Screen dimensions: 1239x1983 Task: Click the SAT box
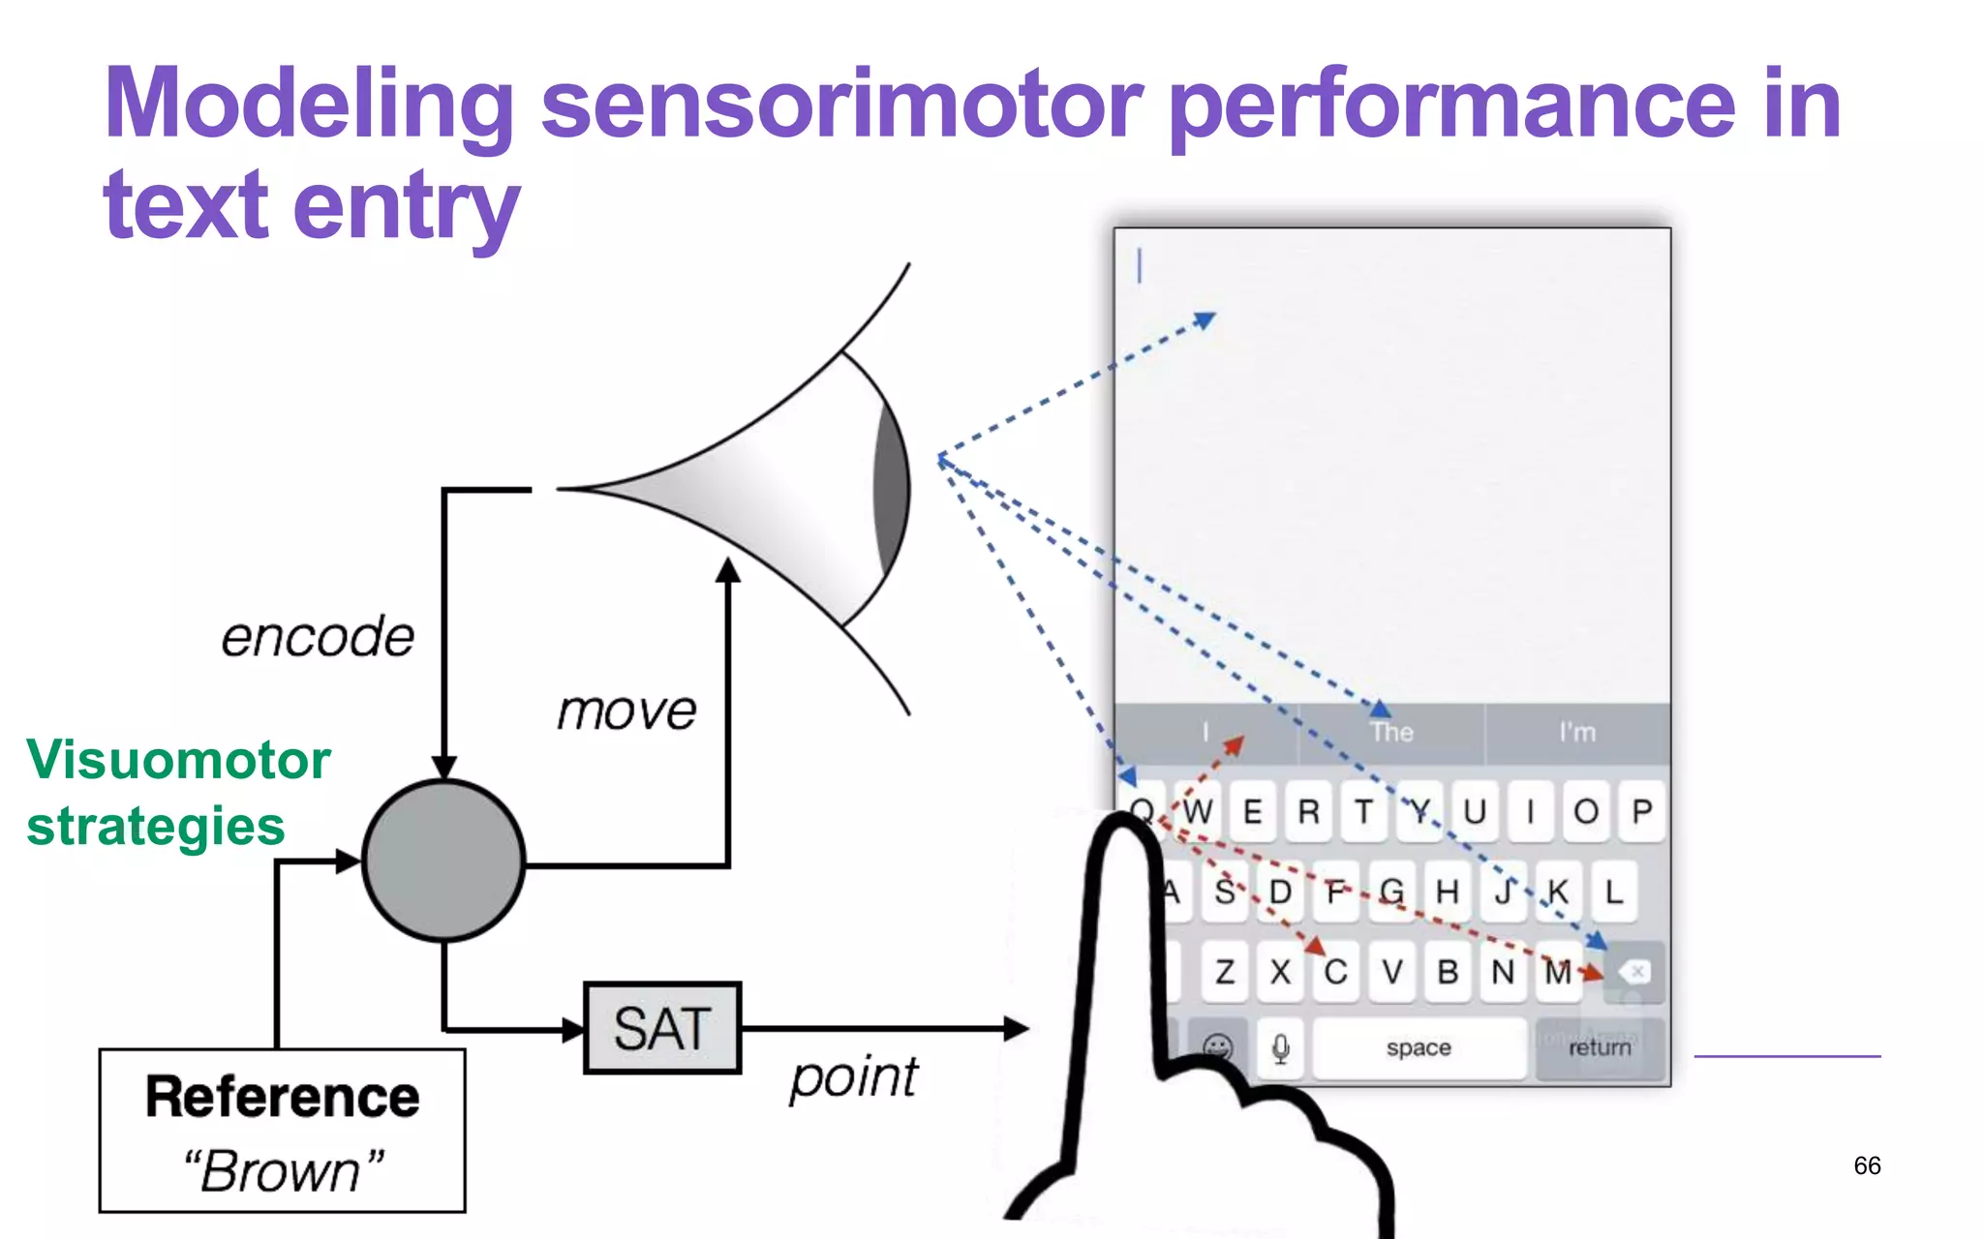coord(662,1028)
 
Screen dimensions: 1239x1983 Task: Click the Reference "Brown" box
coord(282,1131)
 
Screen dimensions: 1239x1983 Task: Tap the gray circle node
coord(443,861)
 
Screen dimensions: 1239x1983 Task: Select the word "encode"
coord(318,637)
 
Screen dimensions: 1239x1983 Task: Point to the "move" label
coord(626,711)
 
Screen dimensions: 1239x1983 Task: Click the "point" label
coord(853,1077)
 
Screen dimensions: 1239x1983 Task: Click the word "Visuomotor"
coord(179,759)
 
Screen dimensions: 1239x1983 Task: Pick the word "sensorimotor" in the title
coord(841,105)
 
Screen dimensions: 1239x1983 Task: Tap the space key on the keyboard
coord(1419,1047)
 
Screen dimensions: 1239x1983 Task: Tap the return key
coord(1600,1047)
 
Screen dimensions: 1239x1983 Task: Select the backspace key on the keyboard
coord(1634,972)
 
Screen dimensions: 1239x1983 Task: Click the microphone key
coord(1281,1048)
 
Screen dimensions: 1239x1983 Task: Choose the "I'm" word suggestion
coord(1577,733)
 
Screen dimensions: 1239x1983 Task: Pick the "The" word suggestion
coord(1391,733)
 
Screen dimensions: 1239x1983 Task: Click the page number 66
coord(1867,1165)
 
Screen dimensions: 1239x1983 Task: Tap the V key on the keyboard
coord(1392,971)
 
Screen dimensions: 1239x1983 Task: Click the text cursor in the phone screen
coord(1140,266)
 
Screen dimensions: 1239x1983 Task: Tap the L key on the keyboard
coord(1613,891)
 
